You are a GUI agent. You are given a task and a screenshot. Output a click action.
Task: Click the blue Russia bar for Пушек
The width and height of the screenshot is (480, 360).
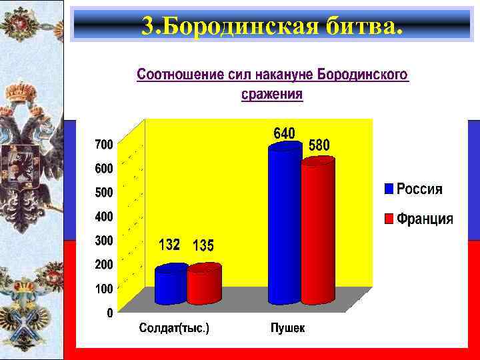coord(285,227)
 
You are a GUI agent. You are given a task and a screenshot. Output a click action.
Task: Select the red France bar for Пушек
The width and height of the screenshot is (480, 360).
coord(318,233)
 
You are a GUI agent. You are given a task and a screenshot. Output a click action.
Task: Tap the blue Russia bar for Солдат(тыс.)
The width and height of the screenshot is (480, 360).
coord(171,285)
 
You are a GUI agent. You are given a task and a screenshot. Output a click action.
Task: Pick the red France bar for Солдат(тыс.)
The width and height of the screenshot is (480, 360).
coord(203,285)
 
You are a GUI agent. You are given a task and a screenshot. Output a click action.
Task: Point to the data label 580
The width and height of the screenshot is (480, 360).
coord(319,145)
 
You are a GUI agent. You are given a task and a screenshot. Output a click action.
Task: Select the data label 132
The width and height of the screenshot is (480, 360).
coord(169,245)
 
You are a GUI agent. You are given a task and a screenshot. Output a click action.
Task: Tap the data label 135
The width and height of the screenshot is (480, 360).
coord(203,246)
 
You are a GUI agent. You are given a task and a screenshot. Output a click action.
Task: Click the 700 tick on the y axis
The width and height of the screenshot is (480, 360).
coord(103,144)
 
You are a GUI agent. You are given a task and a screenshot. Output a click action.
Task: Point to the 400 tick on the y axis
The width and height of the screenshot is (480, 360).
coord(103,217)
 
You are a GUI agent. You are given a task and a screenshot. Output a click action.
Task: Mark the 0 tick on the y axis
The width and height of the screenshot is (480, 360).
coord(109,313)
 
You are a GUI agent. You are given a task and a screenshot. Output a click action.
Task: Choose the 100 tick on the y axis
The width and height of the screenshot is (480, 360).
coord(103,289)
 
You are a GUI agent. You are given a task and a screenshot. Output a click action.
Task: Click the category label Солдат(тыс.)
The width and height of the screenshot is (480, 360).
coord(174,328)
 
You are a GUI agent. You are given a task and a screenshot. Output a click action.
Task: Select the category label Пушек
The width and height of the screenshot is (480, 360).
coord(288,328)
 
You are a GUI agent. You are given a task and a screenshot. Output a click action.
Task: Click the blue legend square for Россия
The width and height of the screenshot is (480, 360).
coord(389,189)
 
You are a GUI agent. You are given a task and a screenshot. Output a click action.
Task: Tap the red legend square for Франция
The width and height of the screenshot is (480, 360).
coord(389,218)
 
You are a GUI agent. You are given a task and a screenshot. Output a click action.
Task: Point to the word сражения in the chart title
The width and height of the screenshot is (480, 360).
coord(271,95)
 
